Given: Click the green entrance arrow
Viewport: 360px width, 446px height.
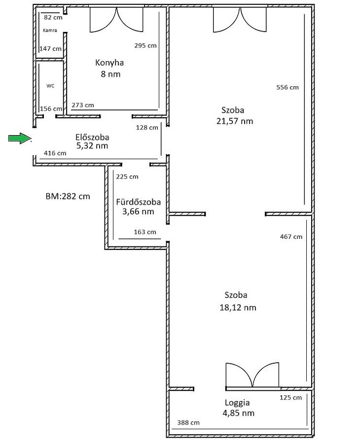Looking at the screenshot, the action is [20, 138].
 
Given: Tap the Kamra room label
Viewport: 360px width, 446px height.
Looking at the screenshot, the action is [50, 30].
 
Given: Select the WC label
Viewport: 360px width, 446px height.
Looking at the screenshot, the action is [50, 86].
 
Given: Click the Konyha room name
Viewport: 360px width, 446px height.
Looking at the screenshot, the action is [109, 63].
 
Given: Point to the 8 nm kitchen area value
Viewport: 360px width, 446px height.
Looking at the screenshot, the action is [110, 74].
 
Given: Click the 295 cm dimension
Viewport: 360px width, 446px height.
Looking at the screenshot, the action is [145, 45].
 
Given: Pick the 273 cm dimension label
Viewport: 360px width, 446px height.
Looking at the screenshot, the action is [82, 105].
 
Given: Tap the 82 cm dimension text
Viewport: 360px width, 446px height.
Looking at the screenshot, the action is [53, 17].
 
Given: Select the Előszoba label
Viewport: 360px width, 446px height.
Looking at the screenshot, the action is [92, 137].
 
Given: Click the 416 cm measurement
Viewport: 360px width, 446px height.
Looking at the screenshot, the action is [55, 153].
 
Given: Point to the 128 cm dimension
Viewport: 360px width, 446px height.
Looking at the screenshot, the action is [147, 128].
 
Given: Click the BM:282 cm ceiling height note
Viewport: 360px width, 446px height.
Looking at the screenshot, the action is [68, 196].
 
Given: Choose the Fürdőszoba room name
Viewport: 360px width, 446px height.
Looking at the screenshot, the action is [138, 202].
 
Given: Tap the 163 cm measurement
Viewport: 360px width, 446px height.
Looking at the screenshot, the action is [145, 232].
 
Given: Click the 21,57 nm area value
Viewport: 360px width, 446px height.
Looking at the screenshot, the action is [235, 121].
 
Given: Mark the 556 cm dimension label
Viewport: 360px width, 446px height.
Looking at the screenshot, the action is [288, 87].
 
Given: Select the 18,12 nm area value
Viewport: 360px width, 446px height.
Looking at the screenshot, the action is [238, 308].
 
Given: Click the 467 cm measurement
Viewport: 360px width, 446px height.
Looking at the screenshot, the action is [291, 237].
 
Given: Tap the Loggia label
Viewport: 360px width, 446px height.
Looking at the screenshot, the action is [237, 403].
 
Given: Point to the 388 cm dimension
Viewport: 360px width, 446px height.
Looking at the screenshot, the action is [188, 423].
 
